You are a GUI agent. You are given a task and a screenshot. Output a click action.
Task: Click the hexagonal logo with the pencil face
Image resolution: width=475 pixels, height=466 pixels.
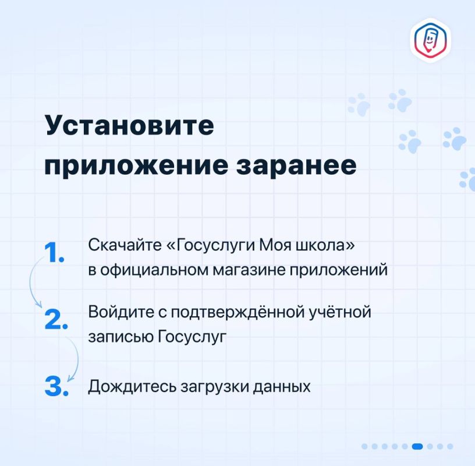[431, 40]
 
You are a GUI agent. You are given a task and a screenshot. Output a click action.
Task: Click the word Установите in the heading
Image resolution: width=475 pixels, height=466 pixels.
[129, 125]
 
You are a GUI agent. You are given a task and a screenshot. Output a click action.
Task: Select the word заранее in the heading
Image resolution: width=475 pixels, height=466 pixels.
[296, 165]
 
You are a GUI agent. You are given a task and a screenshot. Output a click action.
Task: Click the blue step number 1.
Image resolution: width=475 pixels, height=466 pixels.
[54, 253]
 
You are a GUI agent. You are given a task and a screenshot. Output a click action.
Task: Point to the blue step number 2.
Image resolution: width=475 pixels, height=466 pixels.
[56, 319]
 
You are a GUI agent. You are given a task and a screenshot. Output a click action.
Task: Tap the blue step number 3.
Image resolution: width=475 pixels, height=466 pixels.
[56, 386]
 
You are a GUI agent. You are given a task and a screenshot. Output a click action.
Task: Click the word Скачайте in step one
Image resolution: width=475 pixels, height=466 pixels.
[125, 245]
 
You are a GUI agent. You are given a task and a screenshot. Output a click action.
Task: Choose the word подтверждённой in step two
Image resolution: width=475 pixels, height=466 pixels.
[238, 313]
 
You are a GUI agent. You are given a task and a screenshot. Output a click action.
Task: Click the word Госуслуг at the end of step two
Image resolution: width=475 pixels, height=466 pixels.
[192, 337]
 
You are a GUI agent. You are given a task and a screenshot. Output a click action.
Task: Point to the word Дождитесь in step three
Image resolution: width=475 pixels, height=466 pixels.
[132, 386]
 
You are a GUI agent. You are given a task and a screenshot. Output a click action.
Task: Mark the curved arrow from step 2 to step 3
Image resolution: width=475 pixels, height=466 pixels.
[77, 358]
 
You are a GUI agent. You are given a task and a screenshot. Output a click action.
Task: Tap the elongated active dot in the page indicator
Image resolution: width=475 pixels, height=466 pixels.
[417, 446]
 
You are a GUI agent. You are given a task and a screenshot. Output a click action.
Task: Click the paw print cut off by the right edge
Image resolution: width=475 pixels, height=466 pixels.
[467, 180]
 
